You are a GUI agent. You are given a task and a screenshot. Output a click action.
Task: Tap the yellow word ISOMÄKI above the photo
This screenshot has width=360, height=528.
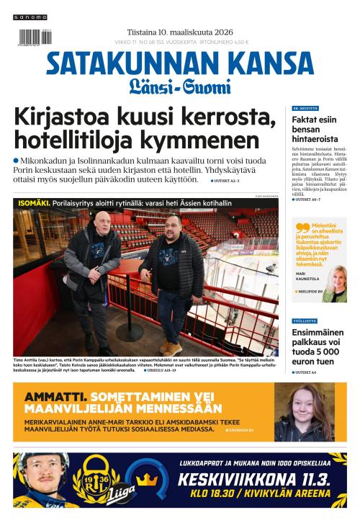tap(33, 203)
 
